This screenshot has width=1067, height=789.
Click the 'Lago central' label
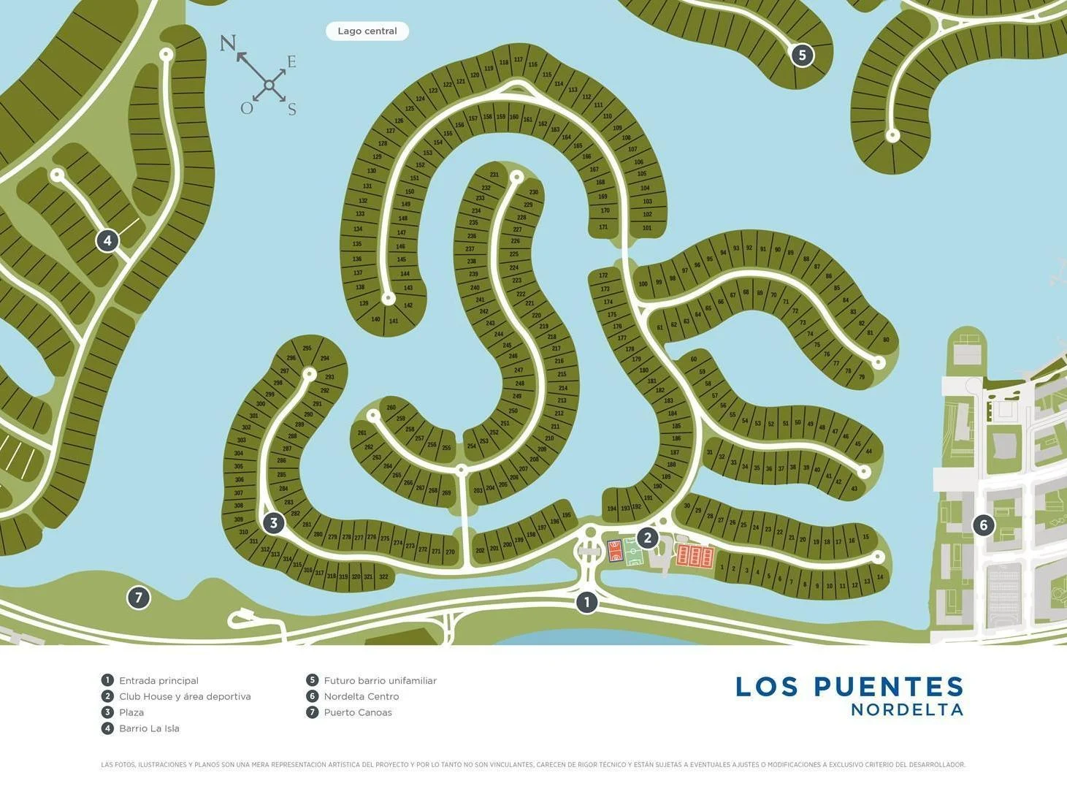pos(367,31)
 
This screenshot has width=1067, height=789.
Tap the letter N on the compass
pos(228,43)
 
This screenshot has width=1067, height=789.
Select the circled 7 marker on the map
pos(139,598)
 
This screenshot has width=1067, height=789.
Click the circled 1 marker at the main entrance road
pos(586,602)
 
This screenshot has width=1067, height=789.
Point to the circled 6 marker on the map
pos(983,525)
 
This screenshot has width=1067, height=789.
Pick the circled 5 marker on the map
pos(802,55)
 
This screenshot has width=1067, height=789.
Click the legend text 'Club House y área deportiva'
pos(185,696)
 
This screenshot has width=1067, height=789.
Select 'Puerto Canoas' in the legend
pos(358,712)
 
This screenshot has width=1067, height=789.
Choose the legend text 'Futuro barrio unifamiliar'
pos(380,680)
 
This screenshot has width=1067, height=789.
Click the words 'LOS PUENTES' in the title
pos(849,687)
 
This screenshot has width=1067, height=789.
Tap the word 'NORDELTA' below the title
pos(907,709)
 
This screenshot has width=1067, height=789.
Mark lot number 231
pos(494,175)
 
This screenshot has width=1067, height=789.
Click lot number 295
pos(307,348)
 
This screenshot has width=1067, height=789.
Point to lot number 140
pos(375,319)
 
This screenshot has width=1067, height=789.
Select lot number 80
pos(886,340)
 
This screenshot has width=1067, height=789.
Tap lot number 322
pos(383,577)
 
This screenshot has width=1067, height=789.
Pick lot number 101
pos(647,228)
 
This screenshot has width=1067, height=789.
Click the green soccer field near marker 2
pos(632,552)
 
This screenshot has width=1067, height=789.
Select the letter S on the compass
pos(291,110)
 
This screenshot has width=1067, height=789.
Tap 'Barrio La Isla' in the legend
pos(149,728)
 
